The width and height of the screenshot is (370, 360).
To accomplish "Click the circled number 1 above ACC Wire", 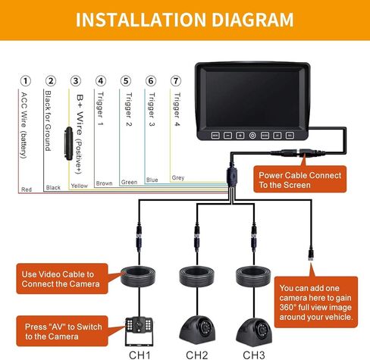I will pos(27,80).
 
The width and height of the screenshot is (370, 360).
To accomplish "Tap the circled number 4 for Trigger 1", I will pos(101,80).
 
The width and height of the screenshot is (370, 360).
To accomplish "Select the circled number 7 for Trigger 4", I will pos(176,80).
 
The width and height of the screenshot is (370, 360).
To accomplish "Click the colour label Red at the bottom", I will pos(27,188).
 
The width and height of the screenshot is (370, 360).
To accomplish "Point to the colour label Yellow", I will pos(79,185).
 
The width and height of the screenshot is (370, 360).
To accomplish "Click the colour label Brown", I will pos(104,183).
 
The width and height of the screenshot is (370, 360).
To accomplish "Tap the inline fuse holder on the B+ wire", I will pos(69,142).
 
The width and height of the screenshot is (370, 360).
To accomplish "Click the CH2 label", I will pos(196,352).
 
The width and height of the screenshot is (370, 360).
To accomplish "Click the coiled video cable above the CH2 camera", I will pos(196,277).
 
